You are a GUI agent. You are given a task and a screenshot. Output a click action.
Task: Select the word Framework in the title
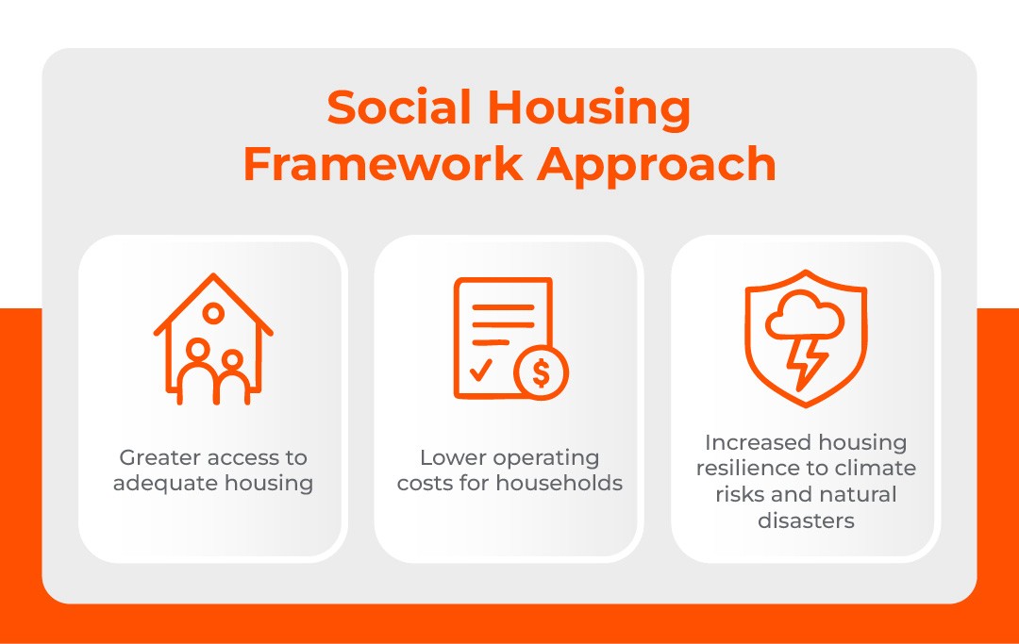[x=382, y=164]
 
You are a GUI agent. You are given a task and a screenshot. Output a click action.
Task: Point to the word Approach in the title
[x=658, y=164]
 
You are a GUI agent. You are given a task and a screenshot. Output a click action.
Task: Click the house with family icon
[x=214, y=339]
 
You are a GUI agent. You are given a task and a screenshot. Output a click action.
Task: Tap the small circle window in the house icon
[x=214, y=312]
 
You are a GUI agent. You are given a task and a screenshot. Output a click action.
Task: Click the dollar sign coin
[x=541, y=373]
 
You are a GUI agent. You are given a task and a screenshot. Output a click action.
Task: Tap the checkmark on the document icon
[x=480, y=371]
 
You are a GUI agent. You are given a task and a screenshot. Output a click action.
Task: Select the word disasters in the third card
[x=806, y=520]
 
